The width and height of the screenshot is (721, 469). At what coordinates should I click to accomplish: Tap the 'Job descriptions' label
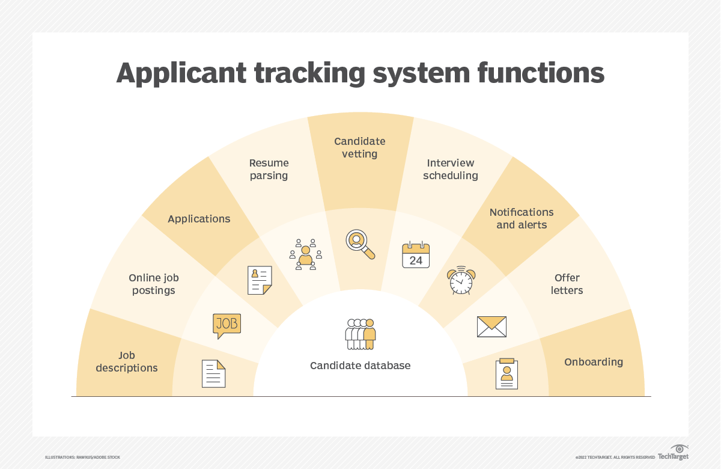coord(127,361)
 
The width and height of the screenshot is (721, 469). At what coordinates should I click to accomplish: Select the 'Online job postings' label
coord(154,284)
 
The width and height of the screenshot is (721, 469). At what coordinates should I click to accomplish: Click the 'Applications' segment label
coord(199,219)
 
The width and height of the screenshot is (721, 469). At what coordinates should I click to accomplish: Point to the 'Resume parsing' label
coord(269,169)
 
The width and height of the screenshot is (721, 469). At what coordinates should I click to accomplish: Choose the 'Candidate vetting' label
coord(360,147)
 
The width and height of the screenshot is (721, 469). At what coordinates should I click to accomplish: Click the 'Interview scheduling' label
coord(451,169)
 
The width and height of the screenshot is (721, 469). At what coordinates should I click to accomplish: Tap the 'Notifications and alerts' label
coord(522,218)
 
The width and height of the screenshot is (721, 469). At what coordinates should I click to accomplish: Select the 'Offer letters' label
coord(567,284)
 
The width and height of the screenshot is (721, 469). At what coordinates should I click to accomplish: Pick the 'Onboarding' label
coord(594,362)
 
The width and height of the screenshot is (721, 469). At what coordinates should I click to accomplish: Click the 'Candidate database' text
coord(360,366)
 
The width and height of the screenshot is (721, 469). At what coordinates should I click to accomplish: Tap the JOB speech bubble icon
coord(227,325)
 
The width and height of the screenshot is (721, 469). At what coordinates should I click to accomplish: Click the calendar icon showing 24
coord(416,255)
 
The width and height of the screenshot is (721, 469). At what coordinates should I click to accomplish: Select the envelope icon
coord(491,326)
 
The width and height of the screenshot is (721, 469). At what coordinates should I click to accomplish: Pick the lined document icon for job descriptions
coord(214,373)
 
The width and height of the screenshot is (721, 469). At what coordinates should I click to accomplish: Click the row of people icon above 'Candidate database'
coord(360,334)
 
